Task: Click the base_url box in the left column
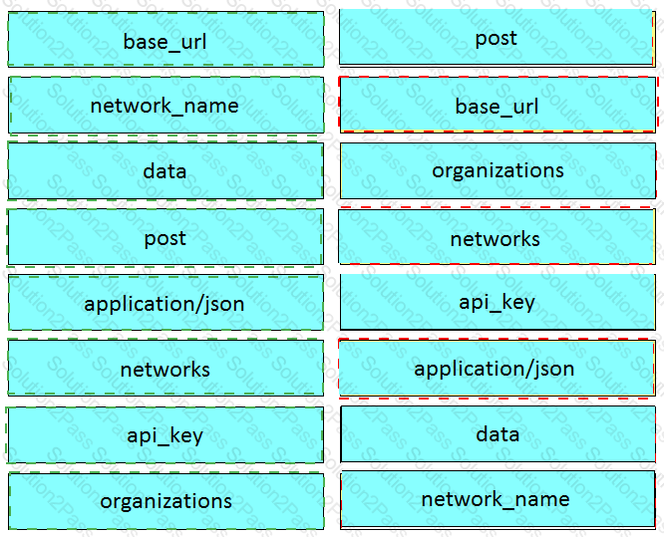point(166,40)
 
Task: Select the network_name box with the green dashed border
point(166,105)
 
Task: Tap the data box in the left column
point(166,171)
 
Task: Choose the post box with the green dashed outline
point(166,237)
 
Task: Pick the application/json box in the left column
point(166,303)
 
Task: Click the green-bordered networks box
point(166,369)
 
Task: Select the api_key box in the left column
point(165,435)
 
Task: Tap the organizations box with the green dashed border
point(166,501)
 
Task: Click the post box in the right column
point(498,37)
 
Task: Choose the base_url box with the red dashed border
point(498,105)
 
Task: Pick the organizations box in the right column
point(498,170)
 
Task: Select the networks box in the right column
point(498,236)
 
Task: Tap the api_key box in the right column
point(498,302)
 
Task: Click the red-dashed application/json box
point(498,369)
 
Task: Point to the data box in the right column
point(498,434)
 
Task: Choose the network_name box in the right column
point(498,500)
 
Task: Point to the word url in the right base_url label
point(525,106)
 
